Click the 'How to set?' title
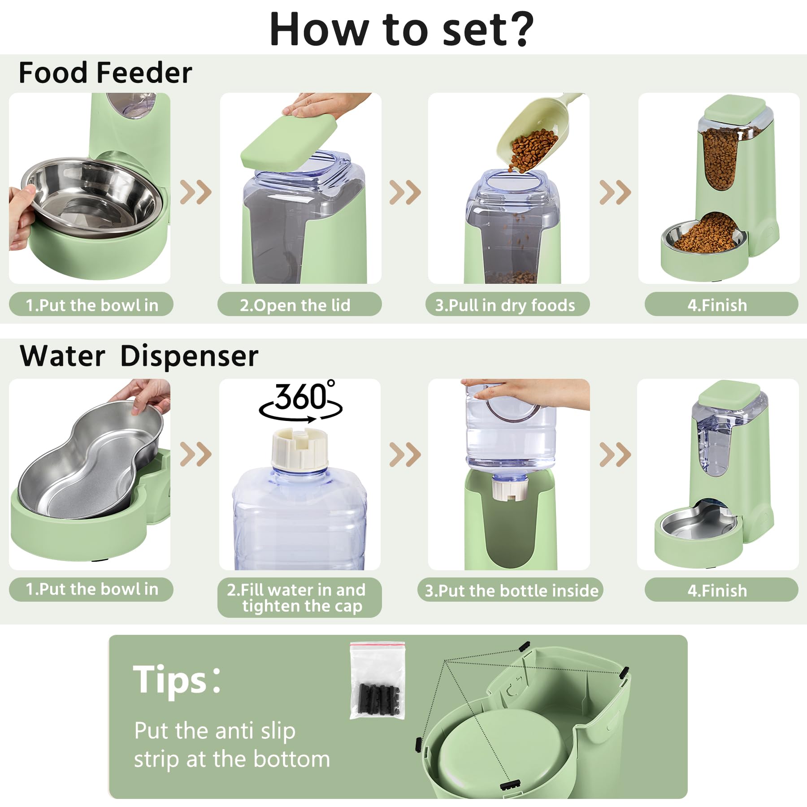point(402,29)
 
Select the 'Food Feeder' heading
point(105,73)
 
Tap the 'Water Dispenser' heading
point(139,356)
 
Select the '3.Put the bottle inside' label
point(511,590)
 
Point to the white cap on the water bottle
point(299,448)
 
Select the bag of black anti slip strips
point(377,681)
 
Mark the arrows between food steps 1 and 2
point(195,192)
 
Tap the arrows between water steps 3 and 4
point(615,454)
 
